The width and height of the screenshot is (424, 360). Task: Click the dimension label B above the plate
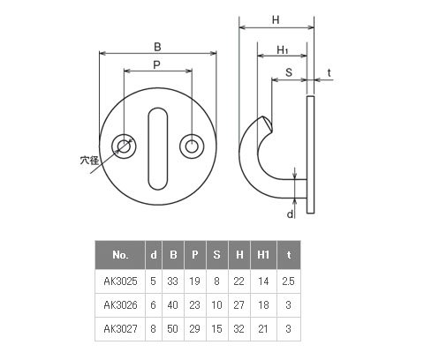[157, 47]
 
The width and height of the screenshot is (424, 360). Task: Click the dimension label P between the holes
[156, 64]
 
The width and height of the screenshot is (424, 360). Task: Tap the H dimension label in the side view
[276, 20]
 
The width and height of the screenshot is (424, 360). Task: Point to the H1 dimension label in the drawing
[283, 50]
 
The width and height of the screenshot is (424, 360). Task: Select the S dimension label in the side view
[289, 72]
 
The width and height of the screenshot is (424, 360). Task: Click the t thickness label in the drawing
[329, 72]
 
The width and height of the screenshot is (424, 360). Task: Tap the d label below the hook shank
[290, 214]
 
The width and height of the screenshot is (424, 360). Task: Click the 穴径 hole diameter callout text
[89, 161]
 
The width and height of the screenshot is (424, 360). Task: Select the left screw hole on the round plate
[124, 146]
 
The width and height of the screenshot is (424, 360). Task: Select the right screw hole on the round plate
[192, 146]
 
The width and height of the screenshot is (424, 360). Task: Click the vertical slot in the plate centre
[158, 148]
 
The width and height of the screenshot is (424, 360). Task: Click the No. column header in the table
[120, 255]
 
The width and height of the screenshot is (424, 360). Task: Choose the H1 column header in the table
[263, 255]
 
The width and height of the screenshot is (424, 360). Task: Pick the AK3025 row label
[120, 281]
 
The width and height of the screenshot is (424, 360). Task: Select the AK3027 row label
[120, 329]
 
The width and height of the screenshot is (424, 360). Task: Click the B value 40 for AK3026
[173, 305]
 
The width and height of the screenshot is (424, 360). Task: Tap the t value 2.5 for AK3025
[288, 281]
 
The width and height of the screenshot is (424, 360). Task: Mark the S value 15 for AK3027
[216, 329]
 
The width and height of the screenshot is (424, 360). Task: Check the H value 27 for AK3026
[238, 305]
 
